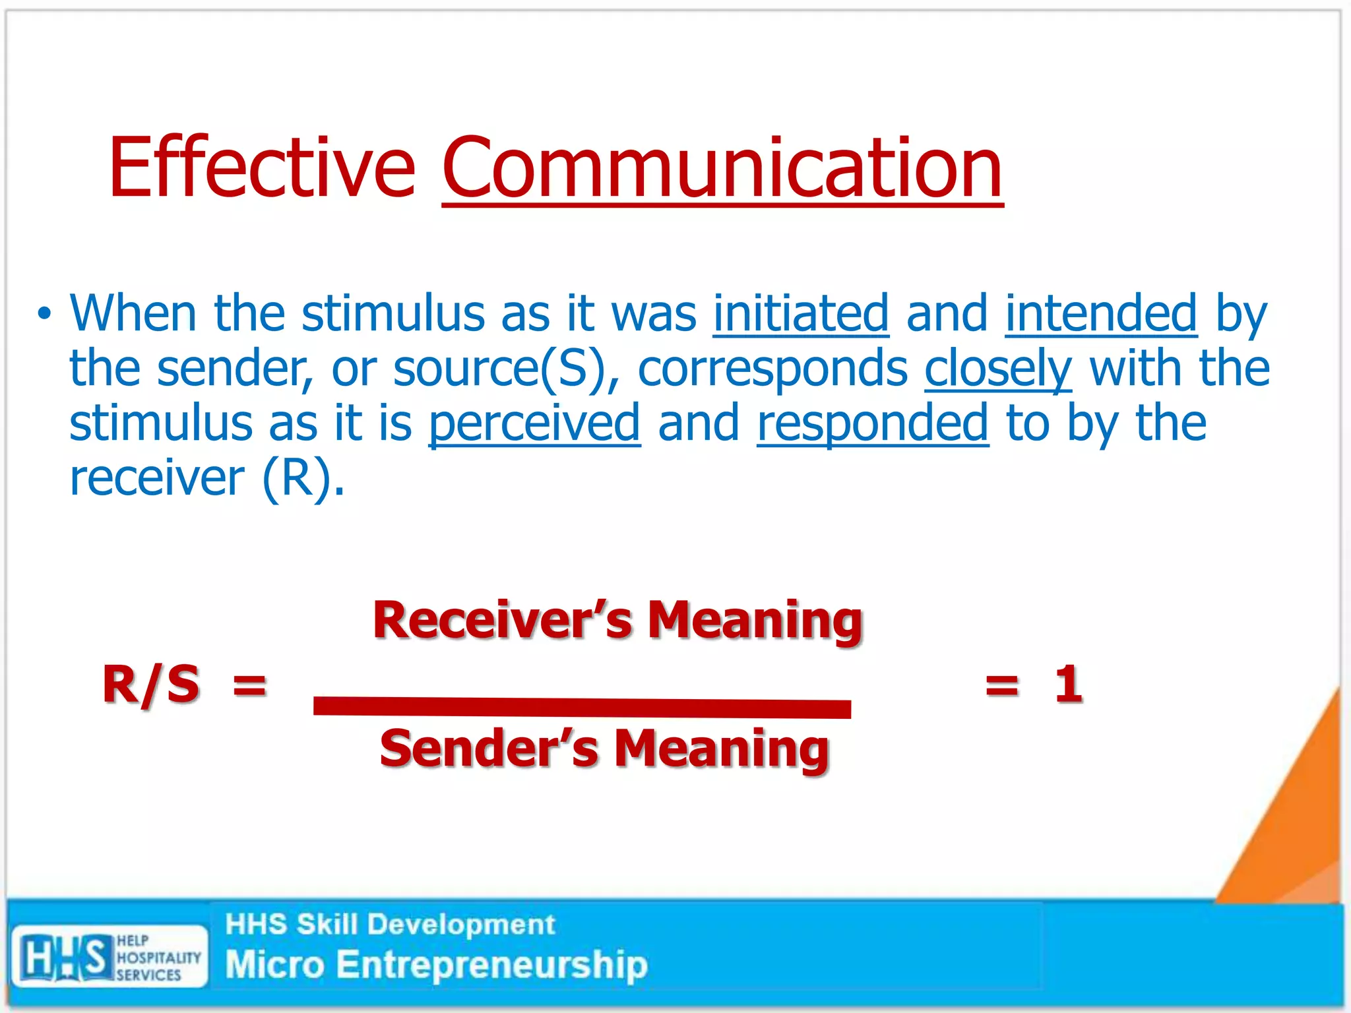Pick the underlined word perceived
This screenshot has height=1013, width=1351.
point(534,423)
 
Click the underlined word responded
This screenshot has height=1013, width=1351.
point(872,423)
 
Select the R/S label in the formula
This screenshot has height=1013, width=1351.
point(151,685)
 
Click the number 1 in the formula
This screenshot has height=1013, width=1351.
point(1067,685)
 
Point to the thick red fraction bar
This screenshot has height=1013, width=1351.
point(582,707)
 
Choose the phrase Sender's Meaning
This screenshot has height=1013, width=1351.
point(604,749)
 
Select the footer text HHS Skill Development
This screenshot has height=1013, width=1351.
point(389,925)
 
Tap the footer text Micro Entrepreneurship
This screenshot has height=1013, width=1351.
point(435,964)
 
